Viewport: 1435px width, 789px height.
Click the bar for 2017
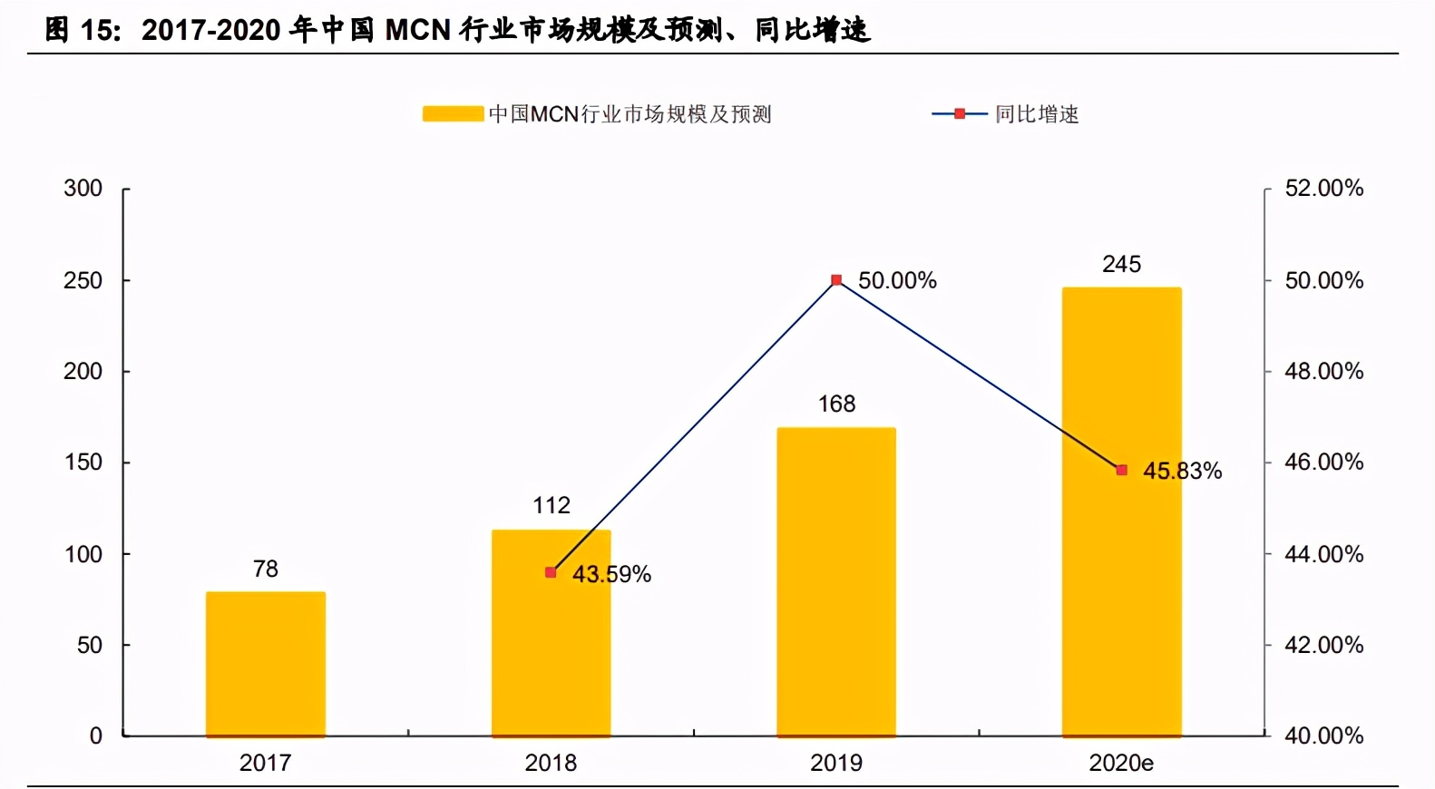pos(265,664)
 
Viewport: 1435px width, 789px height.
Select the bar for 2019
pos(836,581)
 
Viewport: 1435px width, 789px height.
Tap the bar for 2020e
pos(1121,511)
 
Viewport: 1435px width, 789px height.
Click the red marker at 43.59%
pos(551,572)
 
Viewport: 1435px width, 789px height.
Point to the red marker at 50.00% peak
pos(836,280)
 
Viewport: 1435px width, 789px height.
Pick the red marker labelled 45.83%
pos(1122,470)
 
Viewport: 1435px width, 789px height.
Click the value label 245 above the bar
pos(1121,264)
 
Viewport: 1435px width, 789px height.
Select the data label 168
pos(836,404)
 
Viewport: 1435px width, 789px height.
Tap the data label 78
pos(265,569)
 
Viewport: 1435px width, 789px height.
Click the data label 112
pos(551,505)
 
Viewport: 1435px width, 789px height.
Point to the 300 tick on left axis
pos(83,189)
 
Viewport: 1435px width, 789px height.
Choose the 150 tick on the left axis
pos(83,463)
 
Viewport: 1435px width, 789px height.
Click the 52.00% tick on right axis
pos(1323,189)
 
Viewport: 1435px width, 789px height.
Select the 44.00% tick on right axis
pos(1323,554)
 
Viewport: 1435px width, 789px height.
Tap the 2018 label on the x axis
pos(551,763)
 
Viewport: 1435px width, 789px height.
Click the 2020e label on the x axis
pos(1121,763)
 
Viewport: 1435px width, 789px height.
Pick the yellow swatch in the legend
pos(453,114)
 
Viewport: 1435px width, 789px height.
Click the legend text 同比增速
pos(1037,114)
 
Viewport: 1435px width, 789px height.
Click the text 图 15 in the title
pos(82,30)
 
